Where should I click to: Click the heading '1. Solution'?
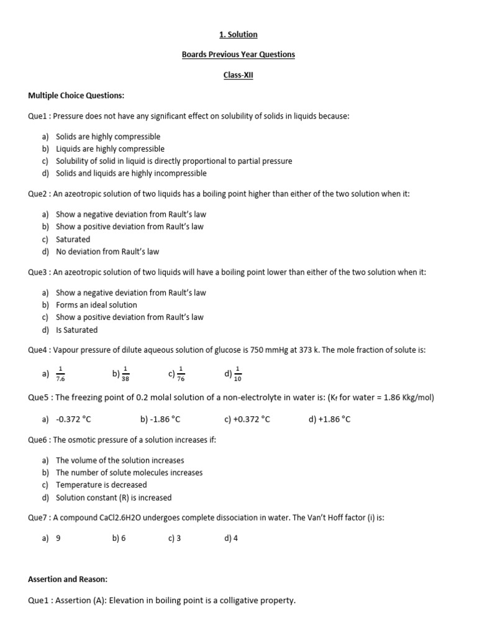[238, 34]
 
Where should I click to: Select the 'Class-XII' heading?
[238, 75]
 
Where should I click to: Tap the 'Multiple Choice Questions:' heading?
[76, 95]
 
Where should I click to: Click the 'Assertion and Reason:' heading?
[68, 579]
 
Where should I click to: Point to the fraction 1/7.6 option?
[60, 374]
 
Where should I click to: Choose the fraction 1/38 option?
[126, 374]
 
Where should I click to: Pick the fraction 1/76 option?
[181, 374]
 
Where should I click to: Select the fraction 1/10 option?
[237, 374]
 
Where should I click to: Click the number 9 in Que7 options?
[58, 538]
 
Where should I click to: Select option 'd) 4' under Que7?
[231, 538]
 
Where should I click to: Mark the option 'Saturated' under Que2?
[73, 239]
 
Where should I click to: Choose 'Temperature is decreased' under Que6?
[101, 485]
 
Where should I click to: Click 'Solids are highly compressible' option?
[108, 137]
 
